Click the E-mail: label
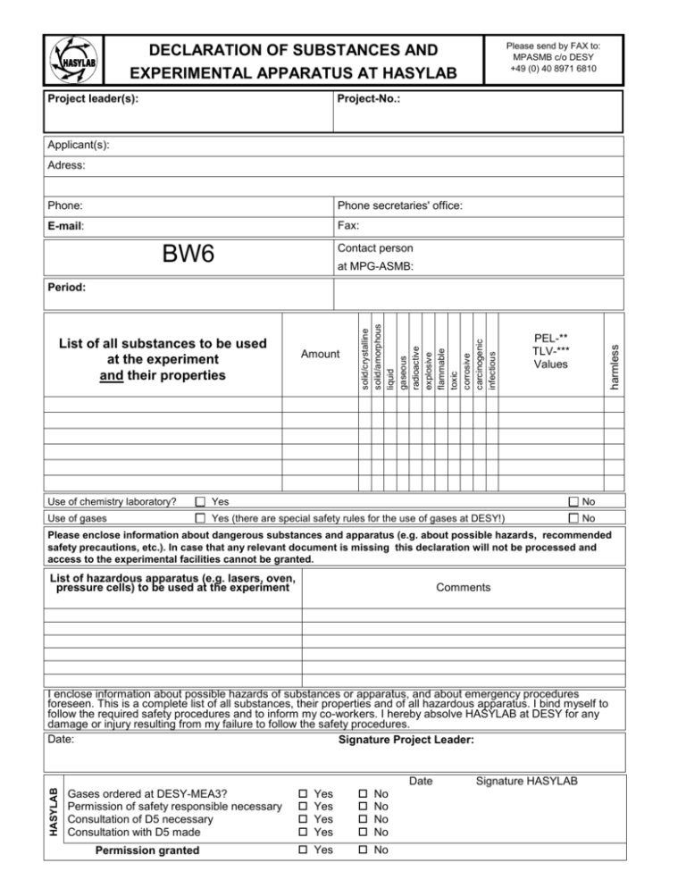(x=73, y=227)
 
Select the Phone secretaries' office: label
(x=400, y=205)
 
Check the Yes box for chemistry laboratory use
(x=201, y=502)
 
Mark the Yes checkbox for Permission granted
(x=303, y=850)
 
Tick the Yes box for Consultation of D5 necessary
(x=303, y=819)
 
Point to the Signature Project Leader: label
(x=406, y=741)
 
